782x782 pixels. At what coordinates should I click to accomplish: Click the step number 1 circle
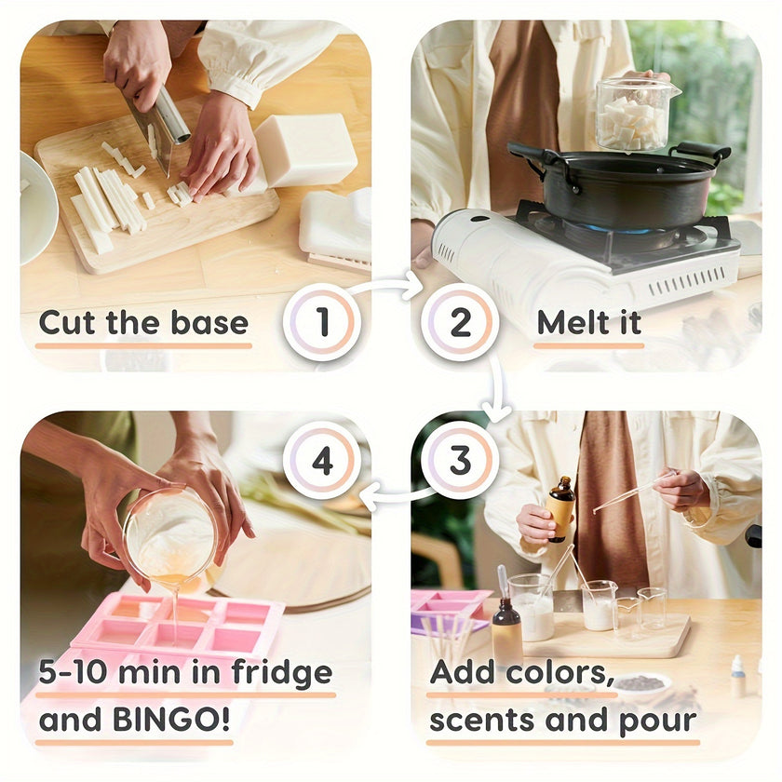pyautogui.click(x=322, y=322)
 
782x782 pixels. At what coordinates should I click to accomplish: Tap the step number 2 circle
pyautogui.click(x=460, y=322)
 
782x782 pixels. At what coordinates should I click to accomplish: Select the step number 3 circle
pyautogui.click(x=460, y=460)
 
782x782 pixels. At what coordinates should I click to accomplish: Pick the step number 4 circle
pyautogui.click(x=322, y=460)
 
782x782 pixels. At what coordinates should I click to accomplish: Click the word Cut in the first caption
pyautogui.click(x=67, y=323)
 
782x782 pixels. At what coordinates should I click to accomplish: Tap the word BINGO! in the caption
pyautogui.click(x=171, y=720)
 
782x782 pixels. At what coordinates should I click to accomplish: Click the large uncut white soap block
pyautogui.click(x=304, y=150)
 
